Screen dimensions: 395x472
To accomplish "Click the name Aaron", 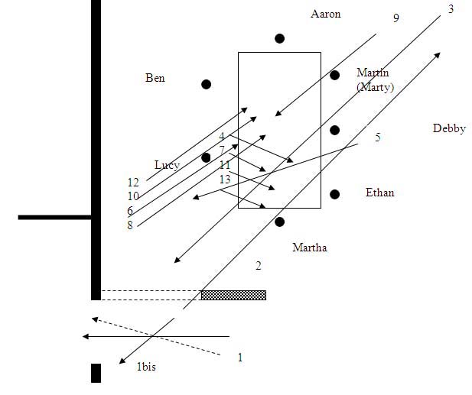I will [326, 14].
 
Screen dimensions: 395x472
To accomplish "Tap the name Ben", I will [155, 78].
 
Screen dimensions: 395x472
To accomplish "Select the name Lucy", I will [167, 165].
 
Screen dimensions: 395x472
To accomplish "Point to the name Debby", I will [449, 128].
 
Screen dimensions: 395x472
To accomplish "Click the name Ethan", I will [379, 193].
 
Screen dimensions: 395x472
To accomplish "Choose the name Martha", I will [310, 248].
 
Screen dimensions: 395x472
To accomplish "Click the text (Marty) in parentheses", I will [375, 87].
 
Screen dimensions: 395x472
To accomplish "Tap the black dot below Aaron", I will [280, 38].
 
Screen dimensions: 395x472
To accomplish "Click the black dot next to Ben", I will [206, 84].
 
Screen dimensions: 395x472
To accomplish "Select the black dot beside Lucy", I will [206, 157].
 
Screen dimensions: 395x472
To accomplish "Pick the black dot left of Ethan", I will [334, 194].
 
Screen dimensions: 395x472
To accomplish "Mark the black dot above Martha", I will [279, 222].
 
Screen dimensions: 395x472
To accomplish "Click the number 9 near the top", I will [396, 18].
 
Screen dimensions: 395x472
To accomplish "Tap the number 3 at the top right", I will [451, 9].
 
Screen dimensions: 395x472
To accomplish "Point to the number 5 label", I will [377, 138].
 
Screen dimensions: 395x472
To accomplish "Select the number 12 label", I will [133, 183].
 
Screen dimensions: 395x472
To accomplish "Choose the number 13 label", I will [225, 179].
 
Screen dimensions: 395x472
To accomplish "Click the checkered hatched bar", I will [233, 295].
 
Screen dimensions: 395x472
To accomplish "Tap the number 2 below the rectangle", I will [259, 266].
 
